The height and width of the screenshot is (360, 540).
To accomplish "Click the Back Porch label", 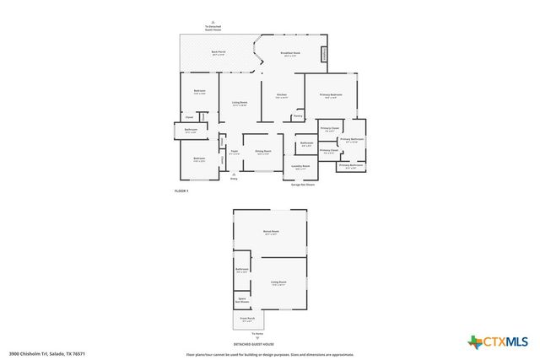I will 218,53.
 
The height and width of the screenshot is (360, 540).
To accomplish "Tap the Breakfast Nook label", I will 290,54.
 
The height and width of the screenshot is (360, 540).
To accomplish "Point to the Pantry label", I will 297,116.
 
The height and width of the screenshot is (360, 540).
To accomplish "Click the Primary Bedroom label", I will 331,95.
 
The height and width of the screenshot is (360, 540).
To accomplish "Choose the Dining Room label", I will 263,152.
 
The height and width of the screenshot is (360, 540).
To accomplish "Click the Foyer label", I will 234,153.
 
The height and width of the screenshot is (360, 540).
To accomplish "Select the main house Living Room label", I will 240,104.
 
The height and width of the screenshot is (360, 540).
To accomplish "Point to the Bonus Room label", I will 272,231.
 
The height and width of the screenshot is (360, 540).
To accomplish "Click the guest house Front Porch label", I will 247,320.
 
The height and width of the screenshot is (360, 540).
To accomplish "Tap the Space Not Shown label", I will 242,299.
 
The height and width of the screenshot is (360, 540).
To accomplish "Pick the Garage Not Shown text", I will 303,184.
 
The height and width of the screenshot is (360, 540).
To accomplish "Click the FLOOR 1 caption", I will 181,192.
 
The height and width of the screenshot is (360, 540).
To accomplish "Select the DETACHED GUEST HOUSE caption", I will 257,344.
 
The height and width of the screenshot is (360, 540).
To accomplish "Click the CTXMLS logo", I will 499,341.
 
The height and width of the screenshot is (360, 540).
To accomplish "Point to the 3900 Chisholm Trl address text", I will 47,353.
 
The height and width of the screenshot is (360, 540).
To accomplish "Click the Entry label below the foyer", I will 234,179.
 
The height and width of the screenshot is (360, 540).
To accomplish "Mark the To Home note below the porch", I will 257,336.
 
